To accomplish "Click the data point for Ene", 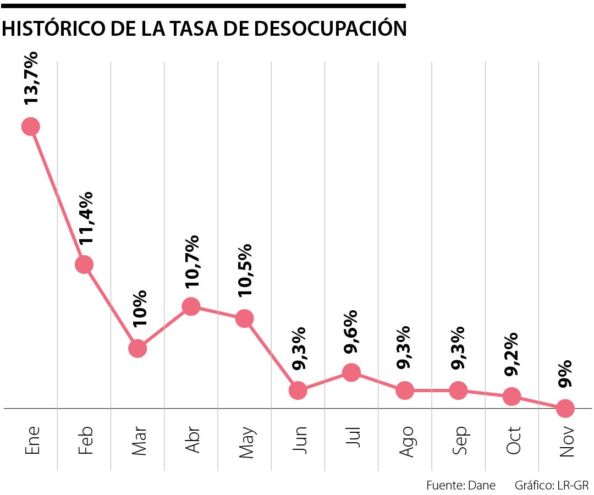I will (x=30, y=127).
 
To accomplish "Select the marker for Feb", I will (x=84, y=265).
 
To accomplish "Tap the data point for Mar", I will (x=137, y=348).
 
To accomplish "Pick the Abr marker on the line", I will (x=191, y=306).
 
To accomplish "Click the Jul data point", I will (x=351, y=372).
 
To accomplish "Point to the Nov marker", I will (x=565, y=408).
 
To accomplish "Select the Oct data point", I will (x=512, y=396).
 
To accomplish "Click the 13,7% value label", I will (x=31, y=78).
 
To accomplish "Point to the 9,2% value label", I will (x=512, y=354).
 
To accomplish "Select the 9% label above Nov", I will (x=565, y=374).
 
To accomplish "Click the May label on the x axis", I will (x=245, y=442).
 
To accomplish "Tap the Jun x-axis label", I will (x=299, y=440).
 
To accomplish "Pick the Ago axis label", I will (x=406, y=441).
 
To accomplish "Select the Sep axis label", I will (x=459, y=441).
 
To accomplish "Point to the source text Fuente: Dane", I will (x=461, y=485).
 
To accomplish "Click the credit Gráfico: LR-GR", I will (x=552, y=485).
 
